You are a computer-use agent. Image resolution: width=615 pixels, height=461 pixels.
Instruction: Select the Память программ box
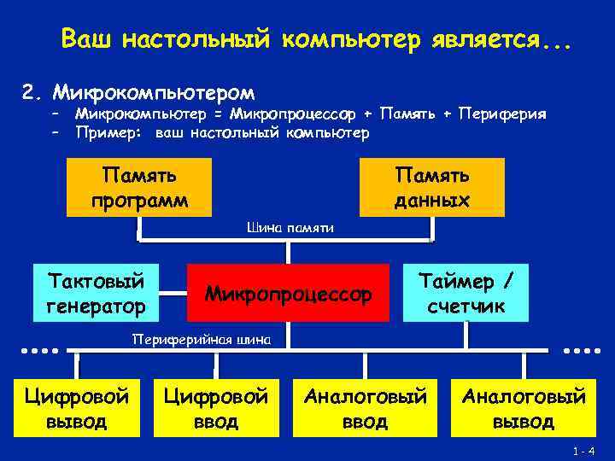(140, 188)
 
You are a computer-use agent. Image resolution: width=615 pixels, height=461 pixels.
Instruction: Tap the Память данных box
(431, 188)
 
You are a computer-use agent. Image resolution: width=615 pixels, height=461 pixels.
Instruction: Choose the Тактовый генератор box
(97, 293)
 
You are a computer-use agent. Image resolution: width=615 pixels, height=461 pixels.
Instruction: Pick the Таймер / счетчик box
(466, 293)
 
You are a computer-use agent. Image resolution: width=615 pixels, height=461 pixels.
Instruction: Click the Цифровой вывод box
(77, 408)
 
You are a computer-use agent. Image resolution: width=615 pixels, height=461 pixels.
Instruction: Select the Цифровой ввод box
(215, 408)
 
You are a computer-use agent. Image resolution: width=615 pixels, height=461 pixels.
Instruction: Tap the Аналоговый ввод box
(366, 408)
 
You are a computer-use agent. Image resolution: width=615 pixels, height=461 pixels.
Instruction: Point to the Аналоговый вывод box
(524, 408)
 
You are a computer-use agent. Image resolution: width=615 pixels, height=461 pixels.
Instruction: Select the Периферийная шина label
(202, 340)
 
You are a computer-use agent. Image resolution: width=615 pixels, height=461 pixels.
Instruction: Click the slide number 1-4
(584, 450)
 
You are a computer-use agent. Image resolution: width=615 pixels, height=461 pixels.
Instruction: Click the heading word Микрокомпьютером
(153, 90)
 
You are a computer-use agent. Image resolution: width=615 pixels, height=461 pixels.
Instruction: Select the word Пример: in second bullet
(108, 132)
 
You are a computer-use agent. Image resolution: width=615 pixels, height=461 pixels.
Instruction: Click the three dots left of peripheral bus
(39, 350)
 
